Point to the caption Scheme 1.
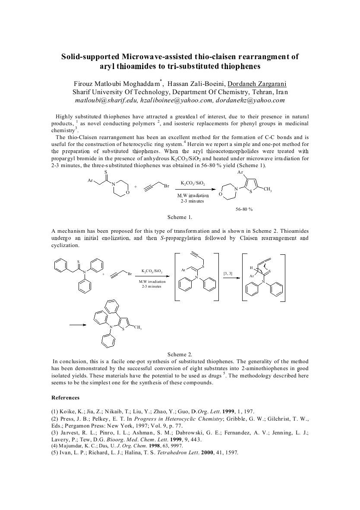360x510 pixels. pos(180,217)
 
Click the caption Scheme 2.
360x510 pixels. pos(180,354)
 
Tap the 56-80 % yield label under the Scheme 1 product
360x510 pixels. pos(244,209)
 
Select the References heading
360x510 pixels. pos(65,397)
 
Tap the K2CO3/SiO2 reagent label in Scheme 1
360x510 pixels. pos(193,184)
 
